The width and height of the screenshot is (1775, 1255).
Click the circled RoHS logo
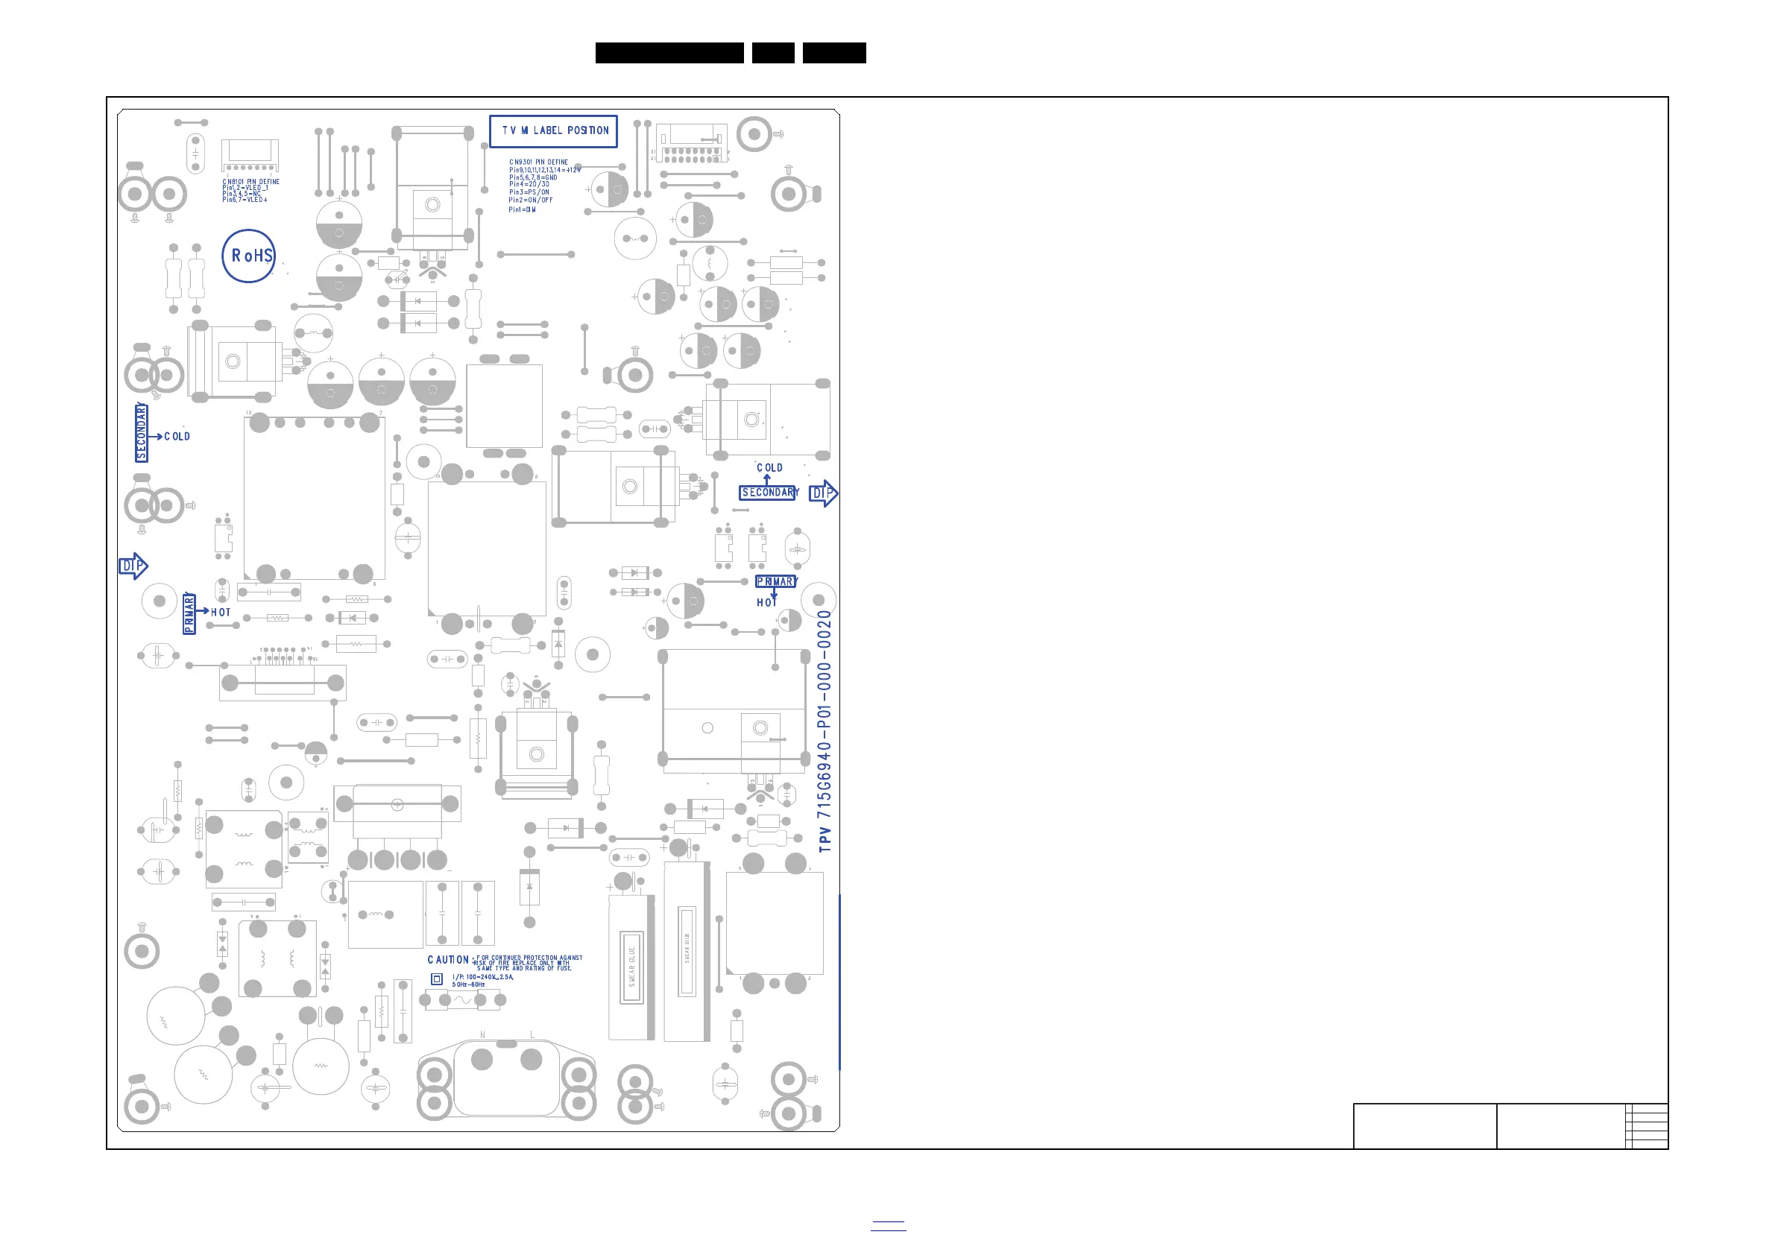[x=249, y=256]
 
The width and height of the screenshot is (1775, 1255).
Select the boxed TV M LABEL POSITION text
[x=554, y=130]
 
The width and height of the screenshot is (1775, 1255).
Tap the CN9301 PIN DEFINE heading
[x=538, y=162]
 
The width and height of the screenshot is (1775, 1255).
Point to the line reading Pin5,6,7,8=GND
[x=533, y=177]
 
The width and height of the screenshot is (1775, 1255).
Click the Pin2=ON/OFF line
[x=530, y=200]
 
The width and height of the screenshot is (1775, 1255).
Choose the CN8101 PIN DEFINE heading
[x=251, y=182]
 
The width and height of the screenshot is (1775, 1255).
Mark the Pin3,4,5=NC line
[x=242, y=194]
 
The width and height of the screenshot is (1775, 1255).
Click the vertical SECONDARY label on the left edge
[x=142, y=433]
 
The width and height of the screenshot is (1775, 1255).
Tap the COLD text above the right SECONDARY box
[x=769, y=467]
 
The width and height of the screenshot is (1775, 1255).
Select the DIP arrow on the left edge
[x=132, y=566]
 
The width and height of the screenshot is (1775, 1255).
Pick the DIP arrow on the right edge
[x=822, y=493]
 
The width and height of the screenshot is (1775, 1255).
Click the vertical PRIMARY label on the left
[x=189, y=613]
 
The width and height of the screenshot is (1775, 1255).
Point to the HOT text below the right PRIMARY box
[x=766, y=603]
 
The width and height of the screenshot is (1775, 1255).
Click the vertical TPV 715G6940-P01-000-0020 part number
[x=825, y=731]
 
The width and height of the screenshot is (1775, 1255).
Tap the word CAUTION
[x=447, y=960]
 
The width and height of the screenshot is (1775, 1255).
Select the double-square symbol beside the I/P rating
[x=437, y=979]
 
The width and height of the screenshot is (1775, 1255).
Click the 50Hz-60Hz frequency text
[x=468, y=984]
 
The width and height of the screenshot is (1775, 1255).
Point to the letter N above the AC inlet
[x=482, y=1034]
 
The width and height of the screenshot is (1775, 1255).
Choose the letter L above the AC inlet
[x=532, y=1034]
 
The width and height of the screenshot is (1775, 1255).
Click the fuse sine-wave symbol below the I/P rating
[x=462, y=1000]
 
